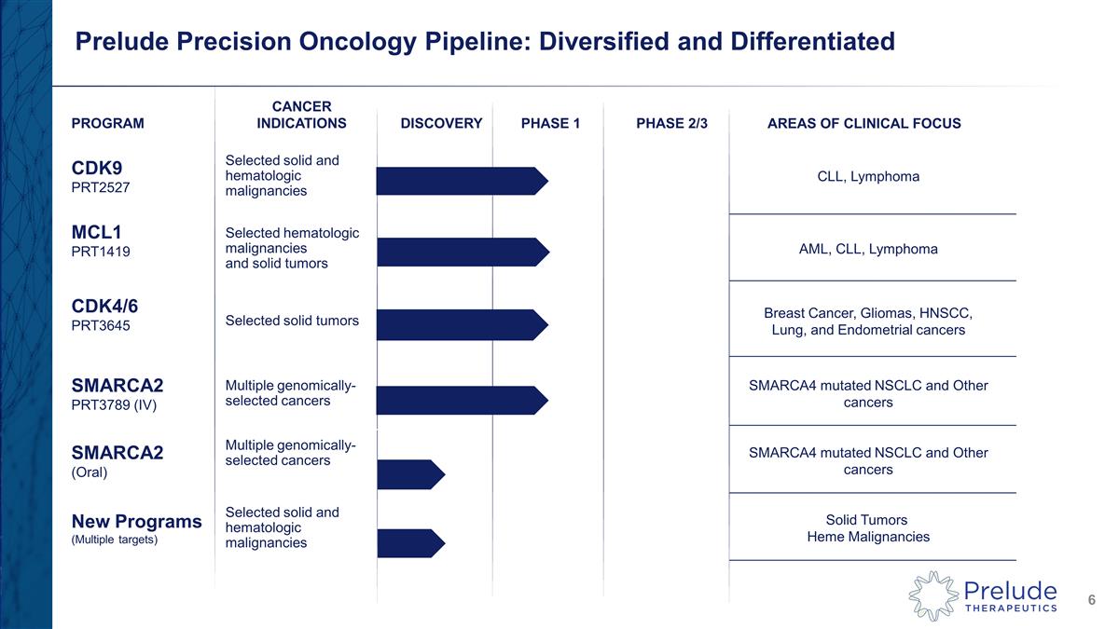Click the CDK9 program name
96,168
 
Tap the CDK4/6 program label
105,305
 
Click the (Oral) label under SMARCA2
90,472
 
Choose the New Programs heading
136,521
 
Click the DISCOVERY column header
441,123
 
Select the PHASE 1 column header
550,123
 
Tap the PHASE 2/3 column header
671,123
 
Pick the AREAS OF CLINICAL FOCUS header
863,123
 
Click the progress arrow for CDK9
462,181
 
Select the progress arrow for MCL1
462,252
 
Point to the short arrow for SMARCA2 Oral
410,474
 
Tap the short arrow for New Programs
410,543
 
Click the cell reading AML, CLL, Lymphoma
868,249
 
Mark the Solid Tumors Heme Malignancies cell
867,528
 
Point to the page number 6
1091,601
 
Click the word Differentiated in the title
787,41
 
